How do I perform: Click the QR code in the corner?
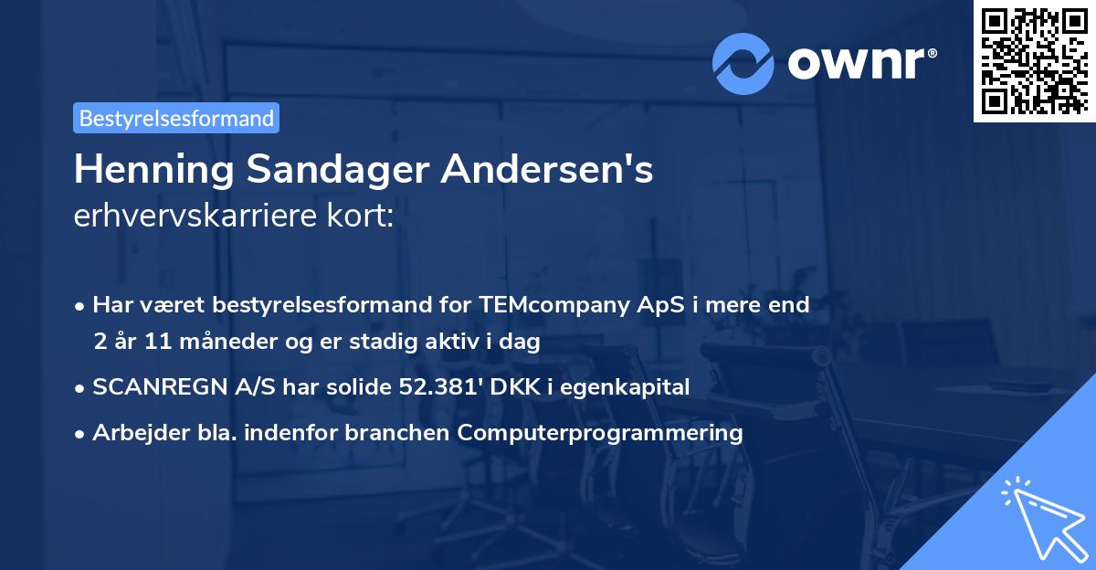(x=1034, y=61)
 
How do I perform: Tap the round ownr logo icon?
(x=743, y=63)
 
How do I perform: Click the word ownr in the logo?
(x=859, y=64)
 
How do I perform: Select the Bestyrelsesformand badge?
(x=176, y=118)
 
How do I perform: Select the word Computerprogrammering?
(x=600, y=433)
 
